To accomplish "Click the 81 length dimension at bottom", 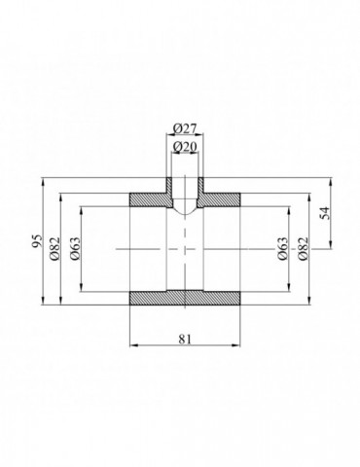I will click(185, 339).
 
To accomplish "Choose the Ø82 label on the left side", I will click(55, 248).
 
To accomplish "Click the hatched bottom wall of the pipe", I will click(185, 298).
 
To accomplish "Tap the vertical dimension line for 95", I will click(44, 282).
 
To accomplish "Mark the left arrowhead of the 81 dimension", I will click(133, 345).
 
